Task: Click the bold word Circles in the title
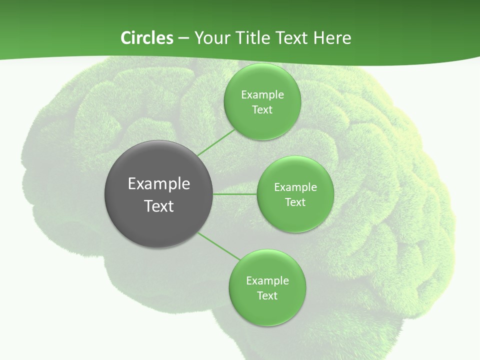click(x=146, y=38)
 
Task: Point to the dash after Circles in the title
click(x=183, y=38)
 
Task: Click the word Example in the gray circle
click(x=159, y=184)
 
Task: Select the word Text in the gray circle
click(x=159, y=206)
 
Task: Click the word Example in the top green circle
click(x=262, y=94)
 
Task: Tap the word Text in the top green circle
click(x=262, y=109)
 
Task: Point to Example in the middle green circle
click(x=295, y=187)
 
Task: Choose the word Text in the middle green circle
click(x=295, y=202)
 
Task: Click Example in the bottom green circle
click(x=267, y=280)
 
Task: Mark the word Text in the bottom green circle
click(x=267, y=295)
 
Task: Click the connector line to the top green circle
click(x=216, y=143)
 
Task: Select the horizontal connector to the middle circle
click(x=235, y=194)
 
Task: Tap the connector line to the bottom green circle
click(x=219, y=246)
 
